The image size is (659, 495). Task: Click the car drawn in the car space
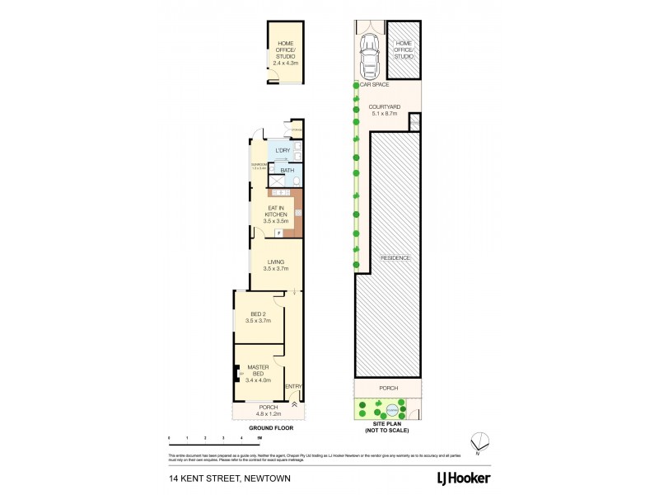coord(367,55)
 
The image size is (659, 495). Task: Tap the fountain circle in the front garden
coord(393,409)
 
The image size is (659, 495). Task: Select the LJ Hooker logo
coord(463,478)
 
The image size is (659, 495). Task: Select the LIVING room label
coord(275,265)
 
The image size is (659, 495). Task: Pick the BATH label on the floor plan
coord(287,171)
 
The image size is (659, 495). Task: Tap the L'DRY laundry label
coord(283,150)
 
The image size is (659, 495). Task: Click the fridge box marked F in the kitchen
coord(279,234)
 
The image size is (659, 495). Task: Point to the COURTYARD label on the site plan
coord(383,111)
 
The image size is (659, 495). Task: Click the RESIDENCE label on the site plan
coord(395,258)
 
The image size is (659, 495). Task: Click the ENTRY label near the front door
coord(293,386)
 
